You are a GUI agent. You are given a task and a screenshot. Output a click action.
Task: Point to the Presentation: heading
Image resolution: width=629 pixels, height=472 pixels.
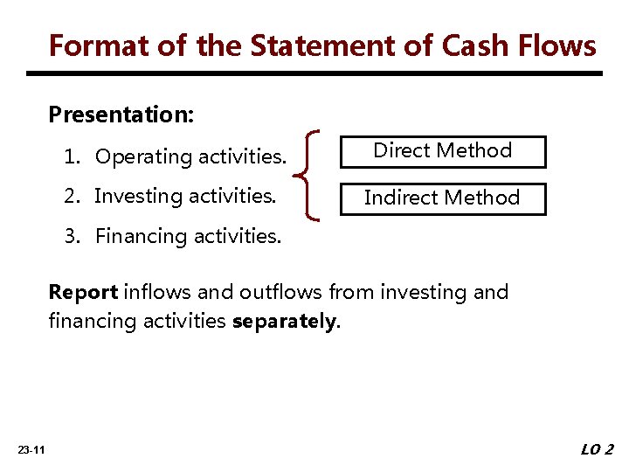click(121, 115)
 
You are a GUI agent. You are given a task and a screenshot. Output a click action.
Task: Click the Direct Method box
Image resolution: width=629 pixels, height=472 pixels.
click(442, 151)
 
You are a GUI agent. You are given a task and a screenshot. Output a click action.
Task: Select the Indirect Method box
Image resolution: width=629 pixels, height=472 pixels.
click(442, 198)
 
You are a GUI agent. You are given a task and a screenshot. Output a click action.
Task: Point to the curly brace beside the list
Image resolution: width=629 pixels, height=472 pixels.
click(311, 174)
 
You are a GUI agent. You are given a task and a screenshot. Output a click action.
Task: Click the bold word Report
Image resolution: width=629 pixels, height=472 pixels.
click(84, 292)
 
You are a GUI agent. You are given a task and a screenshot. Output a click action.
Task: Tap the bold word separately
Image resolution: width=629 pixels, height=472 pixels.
click(283, 322)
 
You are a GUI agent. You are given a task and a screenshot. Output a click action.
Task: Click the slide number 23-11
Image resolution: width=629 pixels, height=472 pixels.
click(31, 449)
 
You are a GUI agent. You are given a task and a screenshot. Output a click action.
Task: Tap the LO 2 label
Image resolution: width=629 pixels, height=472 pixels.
click(598, 449)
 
